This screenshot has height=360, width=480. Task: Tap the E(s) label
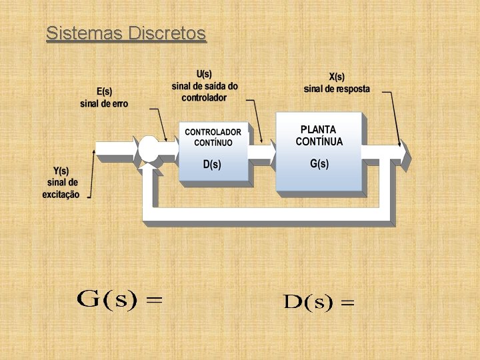[x=104, y=91]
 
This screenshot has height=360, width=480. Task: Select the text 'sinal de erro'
[x=104, y=103]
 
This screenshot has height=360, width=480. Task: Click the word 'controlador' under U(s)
[x=204, y=97]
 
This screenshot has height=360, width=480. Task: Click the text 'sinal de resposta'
[x=337, y=89]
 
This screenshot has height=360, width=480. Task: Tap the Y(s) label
[x=61, y=171]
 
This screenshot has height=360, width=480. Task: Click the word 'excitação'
[x=61, y=195]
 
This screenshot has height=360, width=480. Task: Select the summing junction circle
[x=149, y=151]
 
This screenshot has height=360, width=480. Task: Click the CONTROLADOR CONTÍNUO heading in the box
[x=213, y=137]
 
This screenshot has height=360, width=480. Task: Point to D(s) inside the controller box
[x=212, y=164]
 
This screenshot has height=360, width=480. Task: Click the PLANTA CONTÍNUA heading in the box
[x=319, y=135]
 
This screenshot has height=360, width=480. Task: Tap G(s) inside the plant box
[x=319, y=163]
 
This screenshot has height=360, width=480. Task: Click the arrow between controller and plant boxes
[x=262, y=153]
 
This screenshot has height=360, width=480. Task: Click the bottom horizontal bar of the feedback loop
[x=267, y=215]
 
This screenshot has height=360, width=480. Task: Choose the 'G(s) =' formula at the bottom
[x=120, y=299]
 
